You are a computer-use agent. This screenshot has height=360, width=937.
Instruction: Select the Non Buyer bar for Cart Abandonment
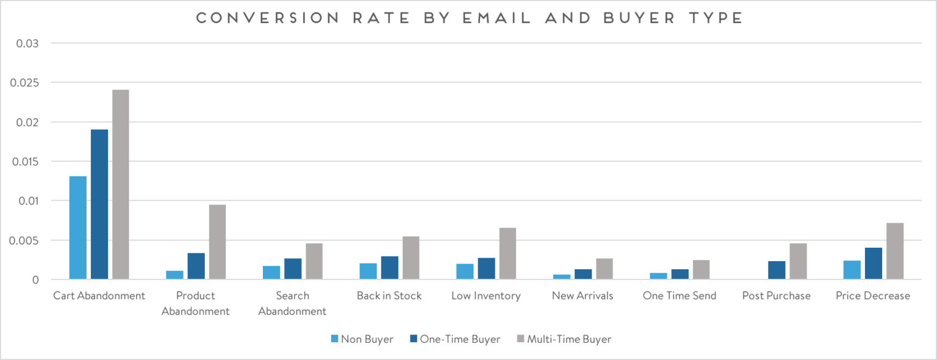[x=78, y=228]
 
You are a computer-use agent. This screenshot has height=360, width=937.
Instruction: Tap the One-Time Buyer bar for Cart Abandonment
[x=99, y=204]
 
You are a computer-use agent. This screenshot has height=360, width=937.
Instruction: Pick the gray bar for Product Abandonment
[x=217, y=242]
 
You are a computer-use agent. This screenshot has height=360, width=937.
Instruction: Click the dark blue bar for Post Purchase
[x=777, y=270]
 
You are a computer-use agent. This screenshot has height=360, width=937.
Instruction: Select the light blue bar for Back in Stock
[x=368, y=272]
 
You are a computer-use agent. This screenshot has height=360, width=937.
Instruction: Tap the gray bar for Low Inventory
[x=508, y=254]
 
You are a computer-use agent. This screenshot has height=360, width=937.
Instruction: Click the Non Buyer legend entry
[x=362, y=339]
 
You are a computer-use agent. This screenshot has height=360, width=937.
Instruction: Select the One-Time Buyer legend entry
[x=455, y=339]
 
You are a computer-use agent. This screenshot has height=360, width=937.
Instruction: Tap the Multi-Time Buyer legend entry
[x=564, y=339]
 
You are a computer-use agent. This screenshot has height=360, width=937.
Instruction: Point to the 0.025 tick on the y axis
[x=25, y=83]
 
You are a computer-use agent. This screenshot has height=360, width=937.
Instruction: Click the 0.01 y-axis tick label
[x=28, y=201]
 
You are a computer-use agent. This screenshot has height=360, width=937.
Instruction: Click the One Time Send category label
[x=679, y=296]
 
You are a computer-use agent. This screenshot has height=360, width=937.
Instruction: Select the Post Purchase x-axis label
[x=776, y=296]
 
